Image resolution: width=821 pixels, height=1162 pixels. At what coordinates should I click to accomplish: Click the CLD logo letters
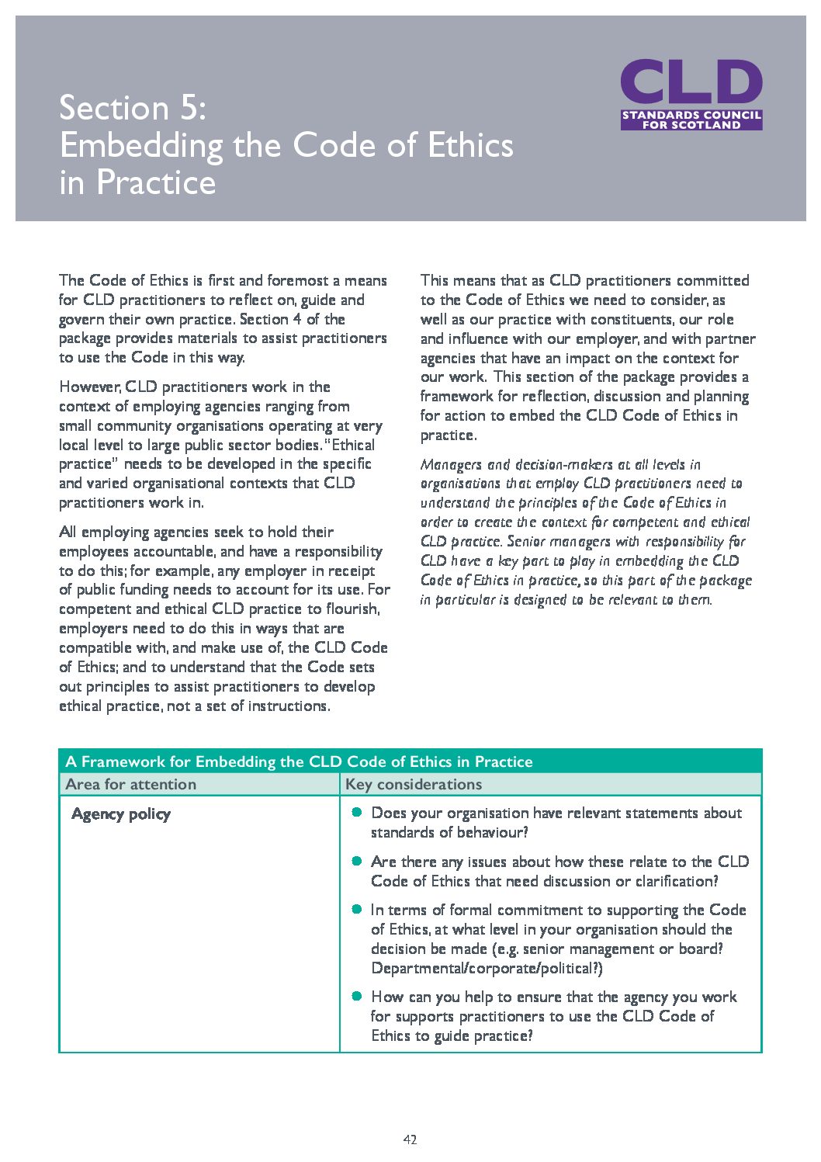pyautogui.click(x=691, y=82)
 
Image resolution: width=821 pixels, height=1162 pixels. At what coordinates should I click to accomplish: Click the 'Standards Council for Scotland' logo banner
pyautogui.click(x=691, y=120)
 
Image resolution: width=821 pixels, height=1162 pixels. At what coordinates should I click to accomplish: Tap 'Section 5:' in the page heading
pyautogui.click(x=133, y=108)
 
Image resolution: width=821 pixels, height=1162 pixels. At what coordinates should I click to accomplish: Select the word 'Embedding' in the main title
pyautogui.click(x=141, y=146)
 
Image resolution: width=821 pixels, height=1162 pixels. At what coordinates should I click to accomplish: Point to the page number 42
pyautogui.click(x=410, y=1139)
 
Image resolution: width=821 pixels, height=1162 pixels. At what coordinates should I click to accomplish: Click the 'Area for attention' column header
pyautogui.click(x=131, y=784)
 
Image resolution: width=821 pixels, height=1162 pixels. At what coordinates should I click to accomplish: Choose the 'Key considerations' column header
pyautogui.click(x=414, y=784)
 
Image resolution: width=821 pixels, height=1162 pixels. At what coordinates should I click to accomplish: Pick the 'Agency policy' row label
pyautogui.click(x=121, y=813)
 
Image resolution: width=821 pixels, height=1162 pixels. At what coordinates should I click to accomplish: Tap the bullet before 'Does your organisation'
pyautogui.click(x=357, y=812)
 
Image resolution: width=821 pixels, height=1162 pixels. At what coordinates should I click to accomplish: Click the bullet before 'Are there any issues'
pyautogui.click(x=357, y=861)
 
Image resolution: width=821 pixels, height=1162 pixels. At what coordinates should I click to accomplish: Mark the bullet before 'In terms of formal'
pyautogui.click(x=357, y=909)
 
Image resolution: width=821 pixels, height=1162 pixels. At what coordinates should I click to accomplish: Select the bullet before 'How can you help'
pyautogui.click(x=357, y=996)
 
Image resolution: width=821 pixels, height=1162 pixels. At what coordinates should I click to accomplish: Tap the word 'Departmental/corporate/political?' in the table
pyautogui.click(x=487, y=968)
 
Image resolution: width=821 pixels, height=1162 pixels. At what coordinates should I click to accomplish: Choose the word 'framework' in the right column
pyautogui.click(x=456, y=396)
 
